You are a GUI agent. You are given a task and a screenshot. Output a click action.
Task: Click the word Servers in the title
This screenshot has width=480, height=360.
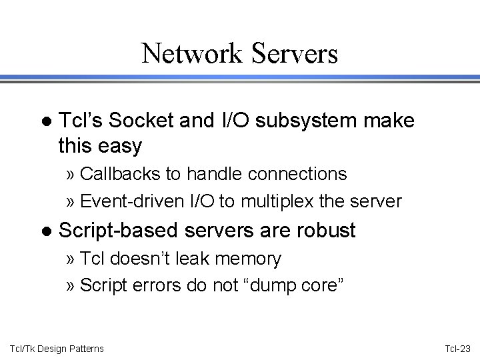coord(295,53)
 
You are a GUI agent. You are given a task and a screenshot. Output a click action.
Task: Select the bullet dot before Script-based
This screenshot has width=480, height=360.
coord(45,231)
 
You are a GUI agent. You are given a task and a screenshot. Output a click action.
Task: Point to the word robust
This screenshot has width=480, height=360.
coord(323,231)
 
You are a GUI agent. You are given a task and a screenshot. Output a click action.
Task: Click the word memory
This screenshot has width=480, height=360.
coord(248,257)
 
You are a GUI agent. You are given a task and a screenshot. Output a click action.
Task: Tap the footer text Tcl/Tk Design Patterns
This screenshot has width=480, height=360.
coord(56,348)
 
